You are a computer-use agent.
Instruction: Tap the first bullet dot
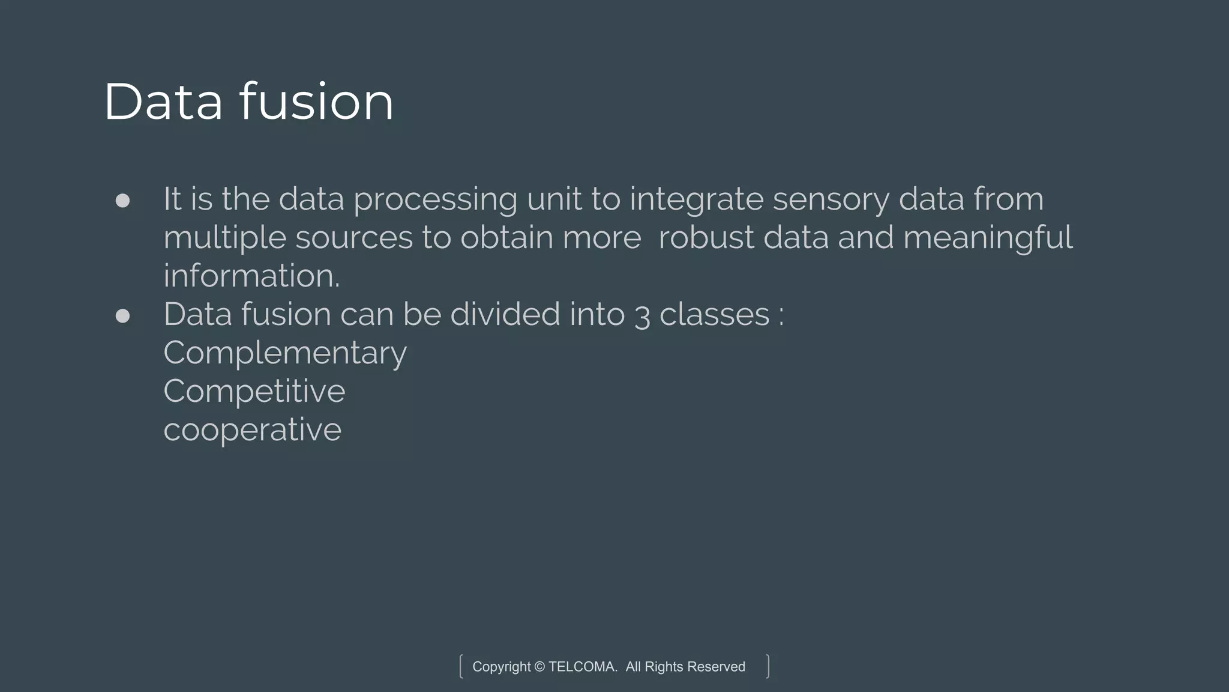tap(122, 200)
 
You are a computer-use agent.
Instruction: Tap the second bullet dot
tap(122, 315)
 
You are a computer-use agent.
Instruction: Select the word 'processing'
tap(435, 200)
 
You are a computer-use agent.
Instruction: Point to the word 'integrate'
tap(696, 200)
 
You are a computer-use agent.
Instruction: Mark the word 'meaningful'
tap(987, 238)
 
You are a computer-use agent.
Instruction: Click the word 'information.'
tap(251, 276)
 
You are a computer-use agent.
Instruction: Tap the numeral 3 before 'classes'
tap(642, 315)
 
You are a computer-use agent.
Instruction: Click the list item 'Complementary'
tap(285, 353)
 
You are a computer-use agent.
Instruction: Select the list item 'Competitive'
tap(254, 392)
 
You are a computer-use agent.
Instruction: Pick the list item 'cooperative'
tap(253, 430)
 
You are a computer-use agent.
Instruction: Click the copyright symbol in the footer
tap(539, 667)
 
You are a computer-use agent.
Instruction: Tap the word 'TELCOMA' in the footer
tap(582, 667)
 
